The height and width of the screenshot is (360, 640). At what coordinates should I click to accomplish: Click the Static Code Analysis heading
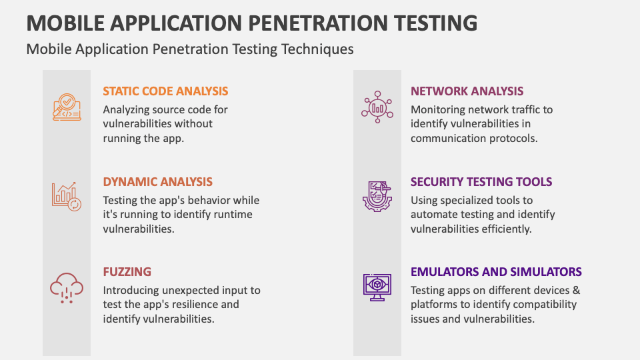point(165,91)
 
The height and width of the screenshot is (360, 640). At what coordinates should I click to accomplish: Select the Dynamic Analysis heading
point(158,181)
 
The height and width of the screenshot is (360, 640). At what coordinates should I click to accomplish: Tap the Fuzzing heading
point(127,272)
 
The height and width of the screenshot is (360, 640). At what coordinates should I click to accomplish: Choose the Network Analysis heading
point(467,91)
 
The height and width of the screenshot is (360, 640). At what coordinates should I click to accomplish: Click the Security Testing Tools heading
point(481,181)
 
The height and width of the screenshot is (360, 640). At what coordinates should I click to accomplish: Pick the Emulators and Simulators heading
point(496,272)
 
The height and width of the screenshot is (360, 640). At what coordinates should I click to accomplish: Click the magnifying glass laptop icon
point(67,107)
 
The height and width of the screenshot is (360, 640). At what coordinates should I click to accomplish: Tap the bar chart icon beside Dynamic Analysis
point(67,196)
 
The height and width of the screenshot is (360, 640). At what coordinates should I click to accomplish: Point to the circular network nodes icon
point(377,107)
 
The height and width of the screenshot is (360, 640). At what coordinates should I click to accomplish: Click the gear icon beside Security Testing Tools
point(377,197)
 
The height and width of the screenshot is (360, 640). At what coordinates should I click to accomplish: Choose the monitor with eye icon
point(377,287)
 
